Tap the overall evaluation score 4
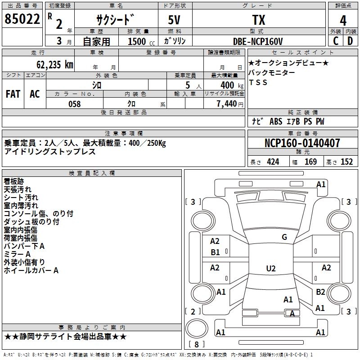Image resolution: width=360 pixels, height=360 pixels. (x=343, y=21)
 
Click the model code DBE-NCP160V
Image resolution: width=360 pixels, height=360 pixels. (x=258, y=41)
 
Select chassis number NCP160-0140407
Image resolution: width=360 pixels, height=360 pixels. (x=302, y=143)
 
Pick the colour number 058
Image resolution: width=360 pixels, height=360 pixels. (x=74, y=104)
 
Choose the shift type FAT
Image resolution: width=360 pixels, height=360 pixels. (x=13, y=94)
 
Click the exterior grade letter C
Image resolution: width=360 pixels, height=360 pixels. (x=336, y=41)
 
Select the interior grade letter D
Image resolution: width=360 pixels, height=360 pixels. (x=351, y=41)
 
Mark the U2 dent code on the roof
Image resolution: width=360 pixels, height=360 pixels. (x=270, y=269)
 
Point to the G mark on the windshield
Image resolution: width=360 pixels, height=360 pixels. (x=284, y=237)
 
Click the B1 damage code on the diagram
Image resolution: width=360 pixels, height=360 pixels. (x=215, y=252)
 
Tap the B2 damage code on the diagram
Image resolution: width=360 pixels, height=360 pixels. (x=320, y=292)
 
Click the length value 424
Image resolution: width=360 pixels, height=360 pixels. (x=273, y=162)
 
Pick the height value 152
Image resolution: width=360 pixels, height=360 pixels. (x=346, y=162)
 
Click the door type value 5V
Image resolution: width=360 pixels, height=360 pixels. (x=175, y=20)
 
